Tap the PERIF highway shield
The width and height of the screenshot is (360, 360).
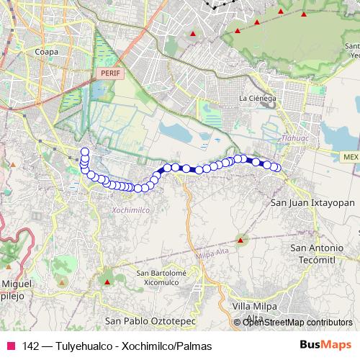[109, 73]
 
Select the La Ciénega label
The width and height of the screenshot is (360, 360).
[256, 98]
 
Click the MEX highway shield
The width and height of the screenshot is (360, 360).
[351, 156]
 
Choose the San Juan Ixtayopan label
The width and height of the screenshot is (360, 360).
[312, 203]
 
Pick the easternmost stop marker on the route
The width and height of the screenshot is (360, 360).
[275, 168]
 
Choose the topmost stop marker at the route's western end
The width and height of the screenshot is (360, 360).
[85, 152]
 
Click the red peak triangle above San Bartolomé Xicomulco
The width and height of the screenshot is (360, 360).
[108, 281]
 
